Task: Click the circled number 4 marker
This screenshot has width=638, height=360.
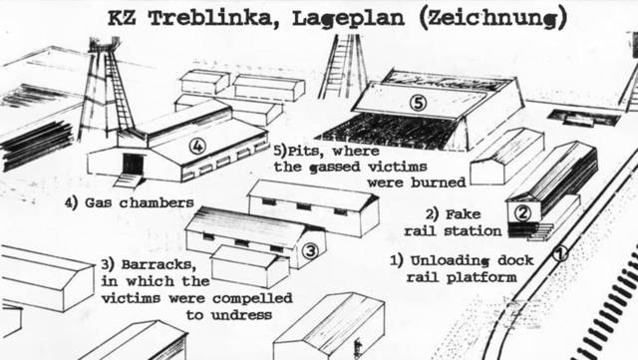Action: [x=197, y=147]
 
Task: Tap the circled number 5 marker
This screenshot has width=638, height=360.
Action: [x=419, y=102]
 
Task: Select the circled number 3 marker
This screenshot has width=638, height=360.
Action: [x=309, y=250]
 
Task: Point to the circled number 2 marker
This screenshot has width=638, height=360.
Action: [x=521, y=211]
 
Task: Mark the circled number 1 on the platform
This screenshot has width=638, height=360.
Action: [x=560, y=253]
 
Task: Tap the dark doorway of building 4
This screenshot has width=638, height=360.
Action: [x=132, y=164]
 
